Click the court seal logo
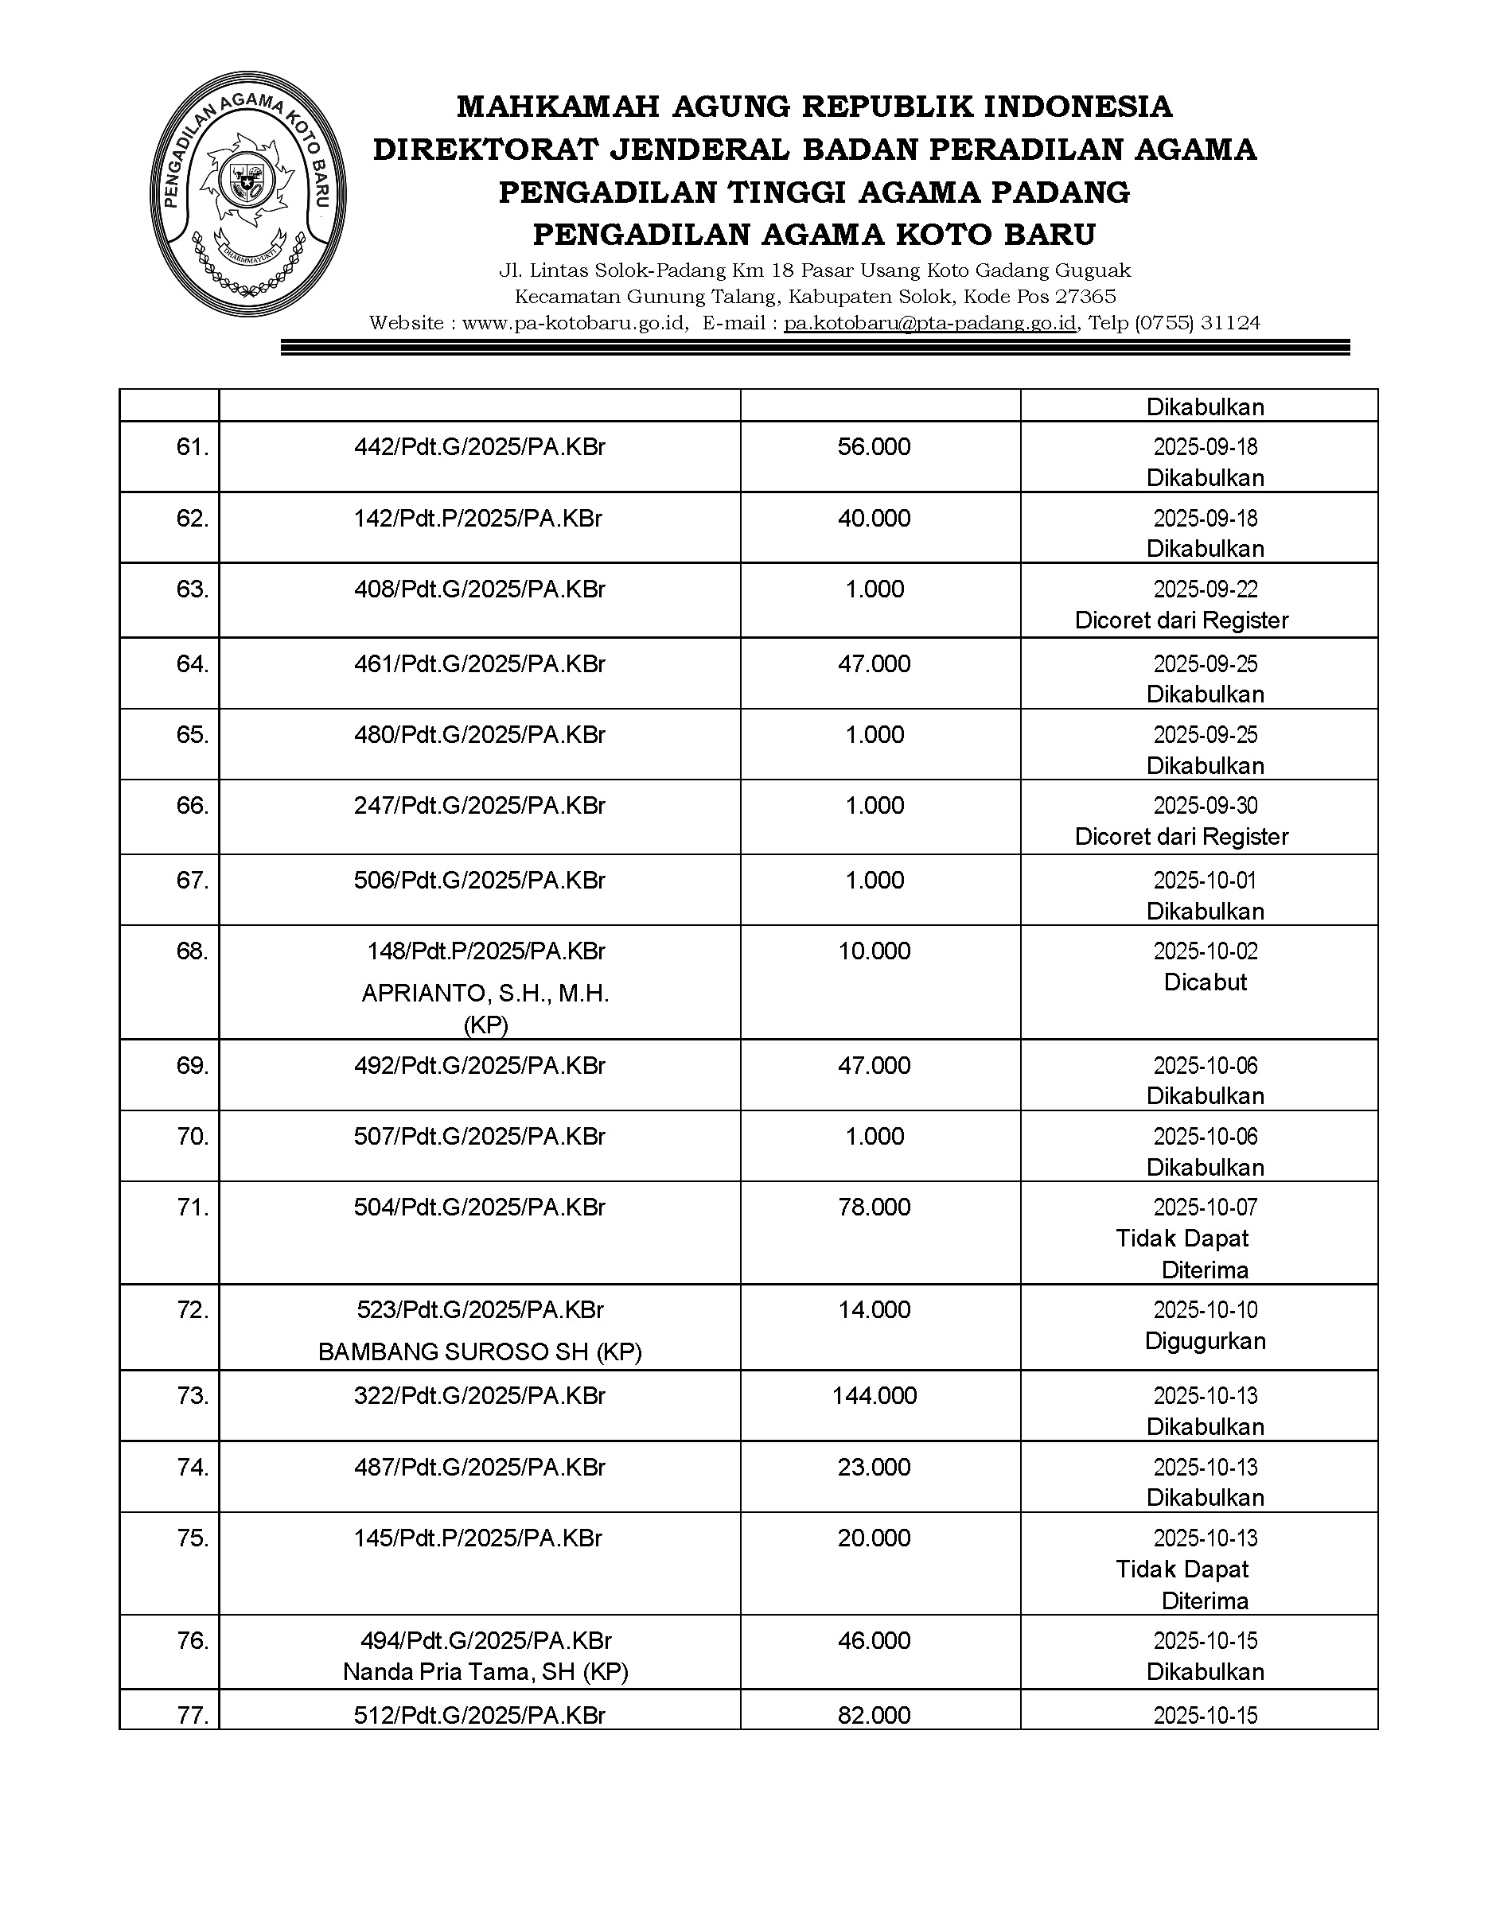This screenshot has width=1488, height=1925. [247, 194]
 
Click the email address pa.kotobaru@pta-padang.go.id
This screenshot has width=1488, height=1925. [930, 324]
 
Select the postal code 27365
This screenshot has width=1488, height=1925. [1086, 296]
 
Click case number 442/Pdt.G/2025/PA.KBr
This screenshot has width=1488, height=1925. [480, 447]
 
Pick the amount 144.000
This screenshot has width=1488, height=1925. [874, 1395]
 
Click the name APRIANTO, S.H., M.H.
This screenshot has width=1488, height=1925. [485, 994]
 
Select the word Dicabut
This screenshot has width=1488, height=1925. [1205, 982]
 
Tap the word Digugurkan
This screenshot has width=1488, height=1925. [1205, 1340]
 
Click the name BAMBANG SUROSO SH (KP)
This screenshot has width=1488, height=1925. [480, 1351]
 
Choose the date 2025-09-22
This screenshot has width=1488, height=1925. [1205, 589]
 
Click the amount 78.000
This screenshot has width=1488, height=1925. [874, 1207]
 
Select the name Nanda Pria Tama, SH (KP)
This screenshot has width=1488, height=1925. [485, 1672]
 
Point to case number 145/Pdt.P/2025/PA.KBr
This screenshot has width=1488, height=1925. [477, 1538]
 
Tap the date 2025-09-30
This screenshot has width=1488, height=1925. [1205, 806]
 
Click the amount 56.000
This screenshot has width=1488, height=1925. [874, 447]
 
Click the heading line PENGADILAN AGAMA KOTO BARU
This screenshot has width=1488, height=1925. [815, 235]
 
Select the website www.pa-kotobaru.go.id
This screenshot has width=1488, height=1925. [575, 324]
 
